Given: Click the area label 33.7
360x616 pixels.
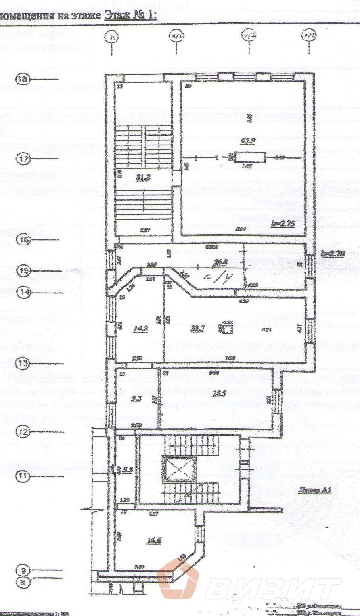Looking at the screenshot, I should tap(198, 328).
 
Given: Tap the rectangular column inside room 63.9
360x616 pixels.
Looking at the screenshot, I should tap(250, 157).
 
